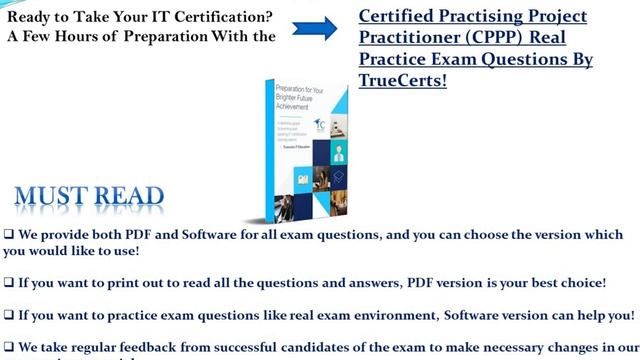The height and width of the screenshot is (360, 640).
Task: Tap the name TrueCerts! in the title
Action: (399, 81)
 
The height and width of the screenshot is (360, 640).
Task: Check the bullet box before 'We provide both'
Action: (9, 234)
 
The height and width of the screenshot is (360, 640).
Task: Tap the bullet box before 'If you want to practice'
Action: (9, 314)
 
